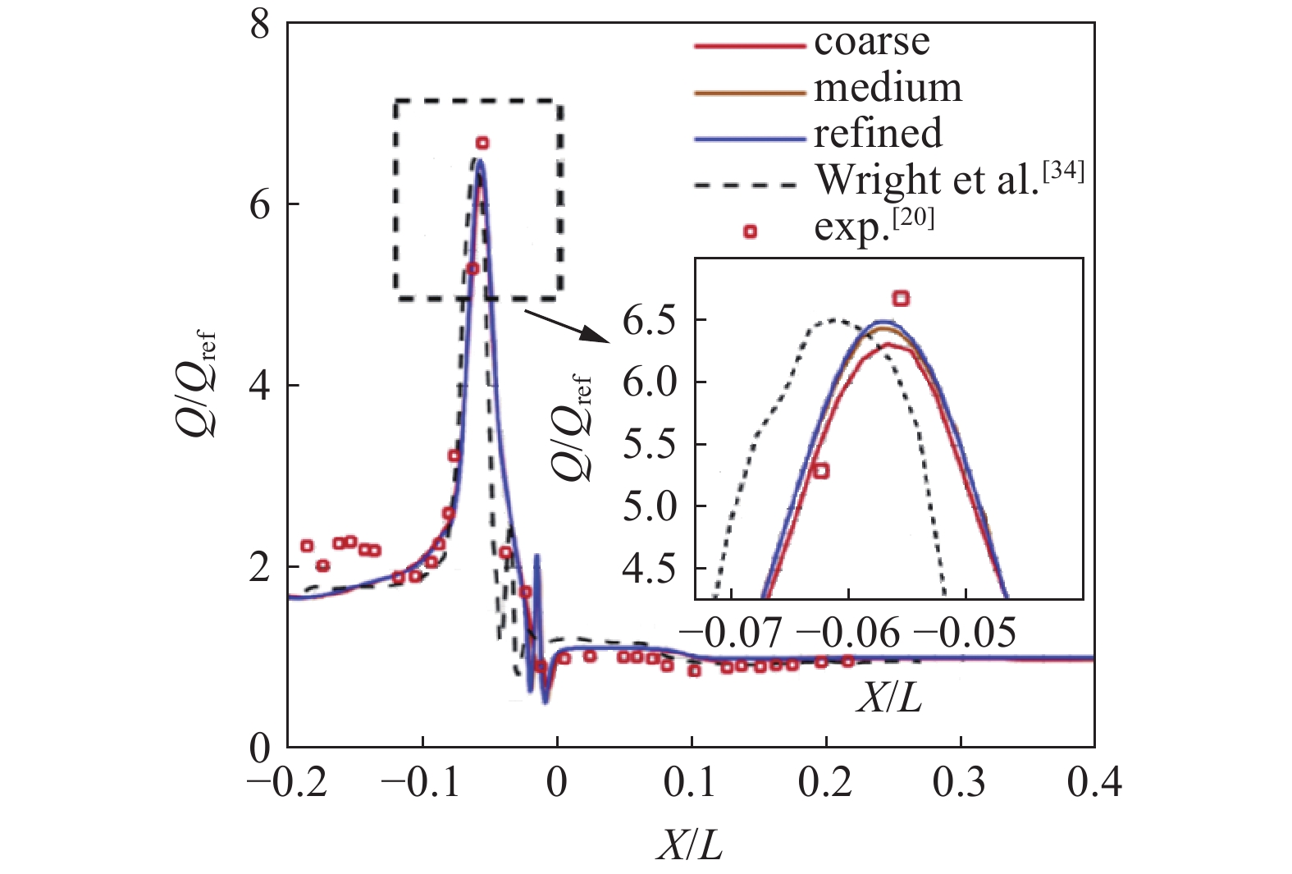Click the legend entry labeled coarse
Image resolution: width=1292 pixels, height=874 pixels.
[x=871, y=42]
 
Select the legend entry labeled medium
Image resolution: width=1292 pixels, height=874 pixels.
[x=887, y=88]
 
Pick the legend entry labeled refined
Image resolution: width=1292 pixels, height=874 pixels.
[x=877, y=133]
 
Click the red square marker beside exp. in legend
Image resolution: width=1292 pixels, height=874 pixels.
[x=749, y=232]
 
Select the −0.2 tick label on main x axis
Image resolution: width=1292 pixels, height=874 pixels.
[x=288, y=784]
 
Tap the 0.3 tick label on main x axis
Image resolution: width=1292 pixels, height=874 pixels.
[x=960, y=784]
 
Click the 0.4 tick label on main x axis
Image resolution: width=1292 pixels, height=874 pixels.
[x=1093, y=784]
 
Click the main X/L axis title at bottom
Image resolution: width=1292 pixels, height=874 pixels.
[x=689, y=845]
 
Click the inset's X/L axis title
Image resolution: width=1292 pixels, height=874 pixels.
[x=889, y=698]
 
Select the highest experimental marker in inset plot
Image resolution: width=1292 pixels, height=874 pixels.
[x=901, y=299]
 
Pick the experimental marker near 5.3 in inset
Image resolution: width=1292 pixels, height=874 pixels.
[x=819, y=470]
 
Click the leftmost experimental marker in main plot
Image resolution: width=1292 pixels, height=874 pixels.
[x=307, y=546]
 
